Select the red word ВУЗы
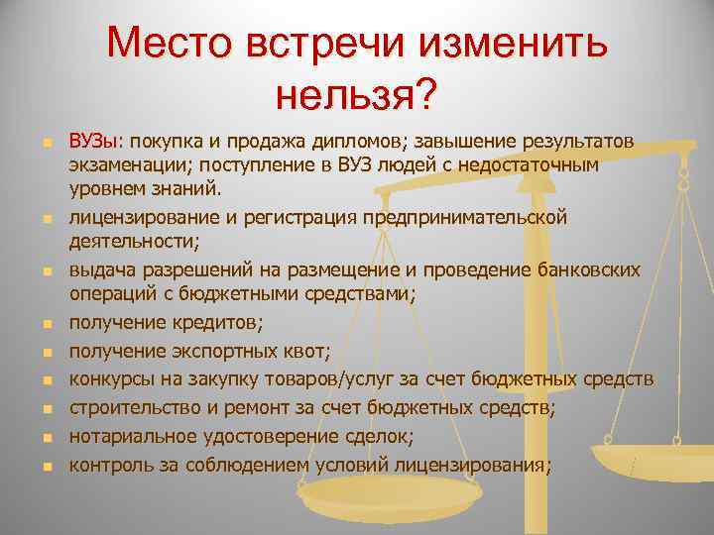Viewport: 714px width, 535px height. pos(92,141)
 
